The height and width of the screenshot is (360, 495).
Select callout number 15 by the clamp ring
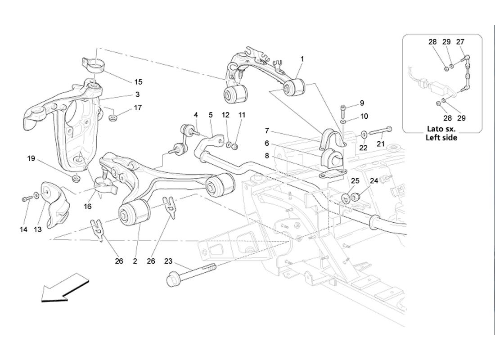tap(138, 82)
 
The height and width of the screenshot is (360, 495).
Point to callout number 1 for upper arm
tap(302, 59)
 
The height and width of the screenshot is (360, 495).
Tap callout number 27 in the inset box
tap(460, 42)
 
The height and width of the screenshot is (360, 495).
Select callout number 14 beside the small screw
tap(23, 229)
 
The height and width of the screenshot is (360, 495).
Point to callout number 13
tap(38, 229)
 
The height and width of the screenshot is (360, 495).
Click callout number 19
tap(31, 158)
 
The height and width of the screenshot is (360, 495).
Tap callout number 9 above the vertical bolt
tap(362, 103)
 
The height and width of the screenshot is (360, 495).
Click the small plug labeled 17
tap(113, 118)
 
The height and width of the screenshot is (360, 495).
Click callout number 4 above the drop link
tap(196, 115)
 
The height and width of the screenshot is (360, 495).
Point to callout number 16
tap(87, 206)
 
